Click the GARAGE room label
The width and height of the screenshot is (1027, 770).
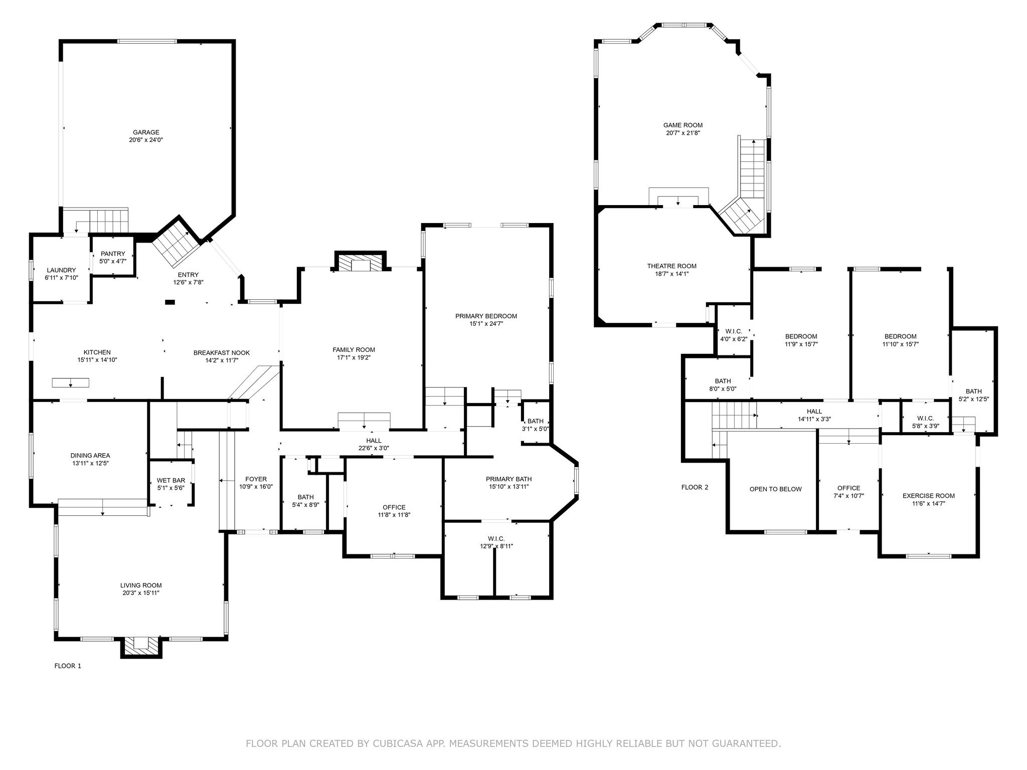click(x=146, y=132)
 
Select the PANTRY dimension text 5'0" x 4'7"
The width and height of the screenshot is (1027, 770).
click(x=113, y=261)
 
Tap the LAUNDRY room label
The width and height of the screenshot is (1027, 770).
click(x=61, y=270)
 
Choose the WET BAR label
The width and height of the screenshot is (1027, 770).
click(x=171, y=480)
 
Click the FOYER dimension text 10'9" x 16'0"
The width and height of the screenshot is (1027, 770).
click(x=256, y=486)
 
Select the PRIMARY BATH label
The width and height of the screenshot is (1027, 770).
click(x=508, y=479)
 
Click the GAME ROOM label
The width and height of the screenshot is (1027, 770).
click(x=682, y=125)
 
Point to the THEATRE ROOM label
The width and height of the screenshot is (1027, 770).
click(x=671, y=266)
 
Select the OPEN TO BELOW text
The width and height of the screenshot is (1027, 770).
click(x=775, y=489)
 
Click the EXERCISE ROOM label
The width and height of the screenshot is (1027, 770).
click(x=928, y=496)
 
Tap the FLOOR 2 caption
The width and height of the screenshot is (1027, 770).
click(x=695, y=487)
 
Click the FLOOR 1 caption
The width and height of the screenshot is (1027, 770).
click(x=68, y=666)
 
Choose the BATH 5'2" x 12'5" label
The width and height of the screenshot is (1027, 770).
click(x=973, y=391)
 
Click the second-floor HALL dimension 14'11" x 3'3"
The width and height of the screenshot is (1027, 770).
click(x=814, y=419)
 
